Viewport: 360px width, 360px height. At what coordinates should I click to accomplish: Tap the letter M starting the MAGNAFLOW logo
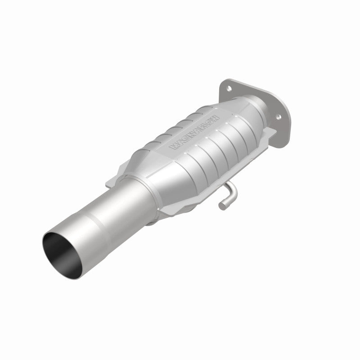[x=171, y=147]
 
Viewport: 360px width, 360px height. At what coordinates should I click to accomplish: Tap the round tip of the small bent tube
[x=222, y=206]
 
